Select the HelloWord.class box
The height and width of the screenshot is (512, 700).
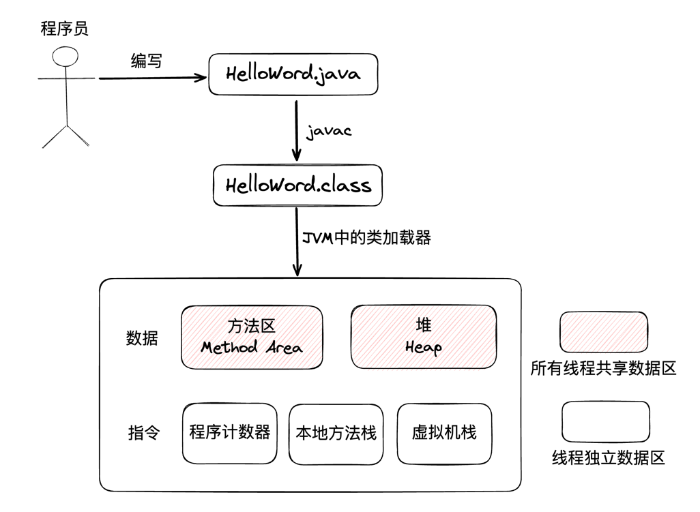pos(297,184)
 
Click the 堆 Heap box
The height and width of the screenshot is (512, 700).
pos(423,336)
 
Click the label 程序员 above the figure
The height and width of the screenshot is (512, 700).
pos(65,29)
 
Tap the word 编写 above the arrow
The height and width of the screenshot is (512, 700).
pos(147,61)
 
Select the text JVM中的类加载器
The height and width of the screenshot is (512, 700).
pos(366,238)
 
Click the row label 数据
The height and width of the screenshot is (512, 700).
pos(143,337)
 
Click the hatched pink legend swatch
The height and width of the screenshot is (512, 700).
pos(604,333)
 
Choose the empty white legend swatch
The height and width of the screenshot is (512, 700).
pos(605,422)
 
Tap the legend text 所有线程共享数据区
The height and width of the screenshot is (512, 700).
pos(603,369)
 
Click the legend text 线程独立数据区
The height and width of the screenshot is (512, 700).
pos(608,457)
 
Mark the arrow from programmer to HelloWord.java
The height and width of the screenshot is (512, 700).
pos(151,78)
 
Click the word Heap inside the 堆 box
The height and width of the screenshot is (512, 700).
pos(423,347)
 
